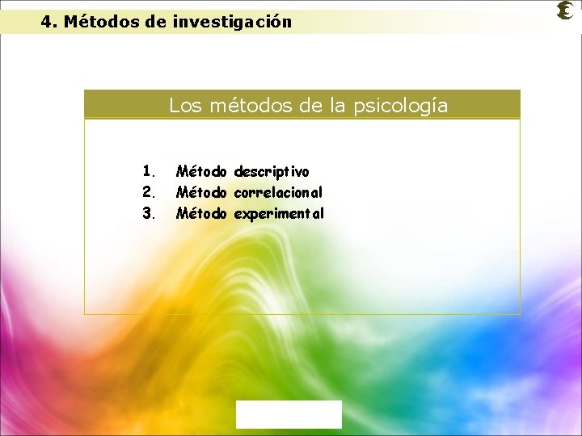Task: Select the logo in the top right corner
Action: [x=565, y=11]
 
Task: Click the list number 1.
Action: [x=148, y=171]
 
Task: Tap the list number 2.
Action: [x=148, y=192]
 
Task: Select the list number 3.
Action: [x=148, y=214]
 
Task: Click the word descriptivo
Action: [x=272, y=172]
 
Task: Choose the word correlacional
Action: [x=279, y=193]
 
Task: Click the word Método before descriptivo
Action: [x=202, y=171]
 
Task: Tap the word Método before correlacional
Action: [x=202, y=192]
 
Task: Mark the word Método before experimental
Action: [x=202, y=214]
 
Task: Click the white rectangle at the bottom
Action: [x=289, y=414]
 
